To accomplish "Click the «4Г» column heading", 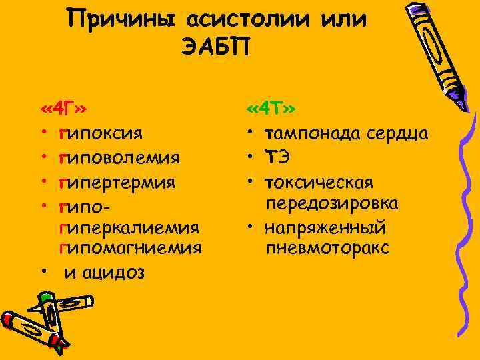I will coord(65,109).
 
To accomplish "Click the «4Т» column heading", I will coord(271,109).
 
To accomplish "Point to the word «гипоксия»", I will coord(100,133).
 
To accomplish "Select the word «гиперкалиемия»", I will coord(129,228).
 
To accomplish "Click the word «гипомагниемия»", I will coord(131,249).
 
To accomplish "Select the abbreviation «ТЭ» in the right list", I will coord(279,157).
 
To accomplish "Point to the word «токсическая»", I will coord(319,181).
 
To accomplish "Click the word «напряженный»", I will coord(325,227).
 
